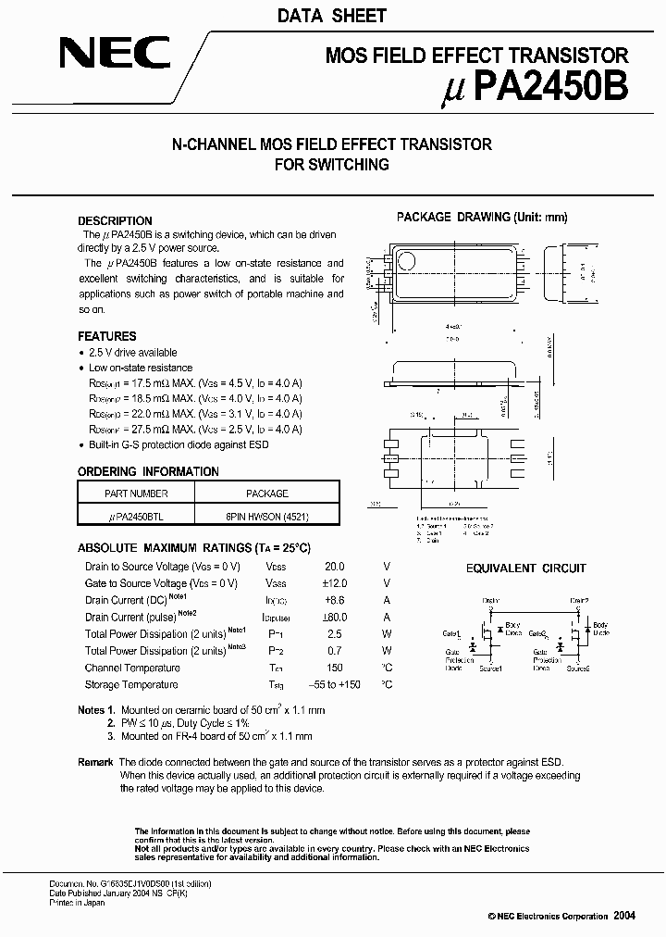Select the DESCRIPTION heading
[115, 221]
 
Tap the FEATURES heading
[107, 336]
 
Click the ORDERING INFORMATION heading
[148, 471]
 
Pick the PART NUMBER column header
[136, 493]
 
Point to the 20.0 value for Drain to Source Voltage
[334, 567]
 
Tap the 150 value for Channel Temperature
[334, 668]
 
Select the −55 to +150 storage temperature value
[334, 684]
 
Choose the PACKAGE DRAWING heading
[481, 217]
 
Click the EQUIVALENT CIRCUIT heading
[525, 568]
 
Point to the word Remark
[96, 761]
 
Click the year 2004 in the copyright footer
[624, 915]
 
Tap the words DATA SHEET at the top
[332, 16]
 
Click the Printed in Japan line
[77, 903]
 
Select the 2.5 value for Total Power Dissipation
[334, 634]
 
